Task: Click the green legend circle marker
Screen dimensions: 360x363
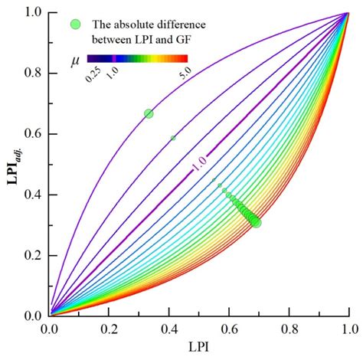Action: coord(74,25)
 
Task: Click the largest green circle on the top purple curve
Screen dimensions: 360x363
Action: coord(149,113)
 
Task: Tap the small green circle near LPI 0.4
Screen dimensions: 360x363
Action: coord(173,138)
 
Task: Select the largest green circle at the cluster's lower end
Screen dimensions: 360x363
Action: coord(256,222)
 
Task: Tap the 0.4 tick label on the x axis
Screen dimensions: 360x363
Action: coord(169,328)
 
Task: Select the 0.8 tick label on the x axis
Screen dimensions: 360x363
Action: coord(289,328)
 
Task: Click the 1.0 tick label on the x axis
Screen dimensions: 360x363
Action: coord(348,328)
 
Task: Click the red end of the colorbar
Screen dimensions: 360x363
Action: coord(184,57)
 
